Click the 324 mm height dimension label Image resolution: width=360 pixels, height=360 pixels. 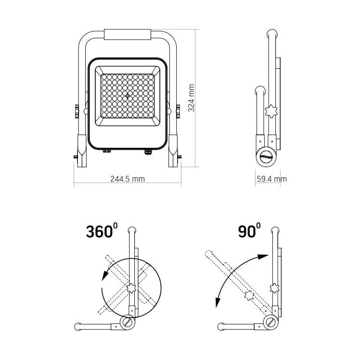coord(191,98)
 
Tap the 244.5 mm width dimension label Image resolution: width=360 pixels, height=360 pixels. coord(128,179)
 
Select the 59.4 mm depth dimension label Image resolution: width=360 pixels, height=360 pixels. coord(271,179)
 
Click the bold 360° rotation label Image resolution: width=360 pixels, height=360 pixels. coord(102,231)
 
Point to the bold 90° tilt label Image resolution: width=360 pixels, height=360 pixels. coord(249,231)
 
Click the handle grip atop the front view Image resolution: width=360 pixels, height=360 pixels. coord(128,35)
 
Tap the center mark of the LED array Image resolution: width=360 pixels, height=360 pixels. coord(128,96)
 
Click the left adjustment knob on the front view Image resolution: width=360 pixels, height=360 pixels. coord(77,111)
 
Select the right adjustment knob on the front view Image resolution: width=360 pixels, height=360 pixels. coord(178,111)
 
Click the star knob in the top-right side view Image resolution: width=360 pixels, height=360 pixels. coord(271,111)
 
